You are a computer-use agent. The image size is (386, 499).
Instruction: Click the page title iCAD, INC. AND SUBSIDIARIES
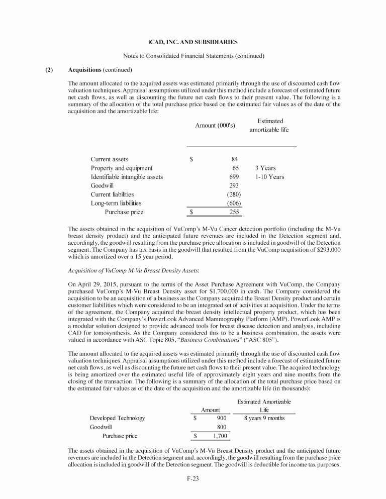(193, 40)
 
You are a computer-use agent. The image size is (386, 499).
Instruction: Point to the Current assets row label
(110, 159)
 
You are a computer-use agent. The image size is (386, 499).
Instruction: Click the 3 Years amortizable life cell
(265, 168)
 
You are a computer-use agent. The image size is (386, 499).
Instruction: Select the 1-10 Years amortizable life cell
(269, 177)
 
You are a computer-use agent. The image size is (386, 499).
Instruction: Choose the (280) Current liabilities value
(233, 194)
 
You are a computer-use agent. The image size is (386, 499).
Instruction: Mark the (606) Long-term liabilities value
(233, 203)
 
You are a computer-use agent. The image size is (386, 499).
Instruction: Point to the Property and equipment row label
(122, 168)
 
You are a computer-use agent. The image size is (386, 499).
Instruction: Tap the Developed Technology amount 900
(221, 418)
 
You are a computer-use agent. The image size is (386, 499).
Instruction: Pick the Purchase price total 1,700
(219, 436)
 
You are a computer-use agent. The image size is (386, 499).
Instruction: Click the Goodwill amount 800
(221, 427)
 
